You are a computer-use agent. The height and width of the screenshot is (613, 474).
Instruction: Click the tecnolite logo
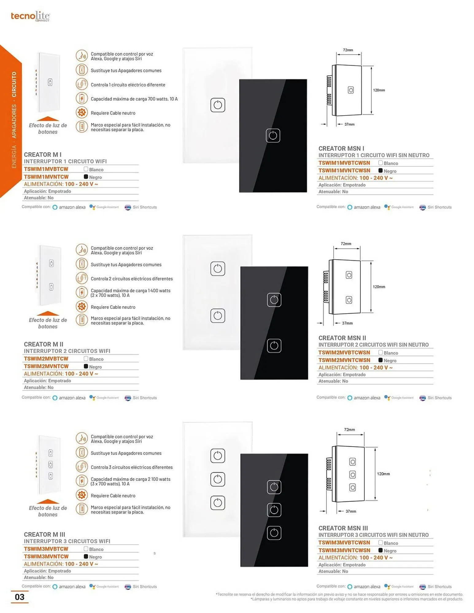30,16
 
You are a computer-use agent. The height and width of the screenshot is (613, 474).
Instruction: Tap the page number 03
20,597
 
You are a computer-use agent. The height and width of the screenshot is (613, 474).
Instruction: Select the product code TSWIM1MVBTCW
46,169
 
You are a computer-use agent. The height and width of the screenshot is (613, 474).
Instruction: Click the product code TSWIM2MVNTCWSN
344,360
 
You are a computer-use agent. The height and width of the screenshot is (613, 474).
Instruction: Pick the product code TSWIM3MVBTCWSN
344,543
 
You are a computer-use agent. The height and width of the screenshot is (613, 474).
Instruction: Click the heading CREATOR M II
44,344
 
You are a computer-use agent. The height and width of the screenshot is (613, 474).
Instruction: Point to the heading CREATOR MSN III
343,528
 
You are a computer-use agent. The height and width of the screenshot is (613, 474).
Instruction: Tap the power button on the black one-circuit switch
273,135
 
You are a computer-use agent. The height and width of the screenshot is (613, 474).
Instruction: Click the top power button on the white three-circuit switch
218,456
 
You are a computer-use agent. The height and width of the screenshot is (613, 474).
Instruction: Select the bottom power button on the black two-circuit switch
274,346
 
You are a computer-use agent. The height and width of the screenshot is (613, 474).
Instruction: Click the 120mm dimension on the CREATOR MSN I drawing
379,90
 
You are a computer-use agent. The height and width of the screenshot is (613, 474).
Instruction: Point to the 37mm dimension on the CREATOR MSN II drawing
347,323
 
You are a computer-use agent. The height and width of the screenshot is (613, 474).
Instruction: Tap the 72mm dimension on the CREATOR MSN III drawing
349,429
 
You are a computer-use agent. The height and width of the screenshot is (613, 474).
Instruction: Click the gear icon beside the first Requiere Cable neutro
82,112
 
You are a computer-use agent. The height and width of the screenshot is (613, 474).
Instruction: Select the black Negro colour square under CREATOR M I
86,177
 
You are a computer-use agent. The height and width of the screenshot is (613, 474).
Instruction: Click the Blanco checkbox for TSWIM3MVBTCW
86,549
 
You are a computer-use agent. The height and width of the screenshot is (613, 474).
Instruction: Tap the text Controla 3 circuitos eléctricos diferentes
132,467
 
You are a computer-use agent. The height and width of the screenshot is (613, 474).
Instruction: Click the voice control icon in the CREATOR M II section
82,250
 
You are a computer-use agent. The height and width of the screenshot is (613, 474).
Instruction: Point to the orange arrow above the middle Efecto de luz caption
48,313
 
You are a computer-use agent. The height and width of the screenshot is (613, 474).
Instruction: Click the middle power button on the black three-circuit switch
274,510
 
